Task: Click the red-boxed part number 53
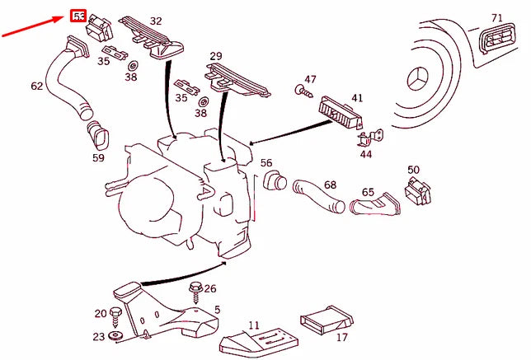tap(79, 16)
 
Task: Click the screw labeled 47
tap(303, 93)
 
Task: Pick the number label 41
tap(356, 98)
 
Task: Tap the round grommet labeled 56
tap(273, 179)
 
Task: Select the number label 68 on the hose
tap(330, 185)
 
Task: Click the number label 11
tap(253, 326)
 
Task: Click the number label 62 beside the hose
tap(37, 86)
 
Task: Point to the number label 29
tap(215, 56)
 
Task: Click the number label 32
tap(156, 21)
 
